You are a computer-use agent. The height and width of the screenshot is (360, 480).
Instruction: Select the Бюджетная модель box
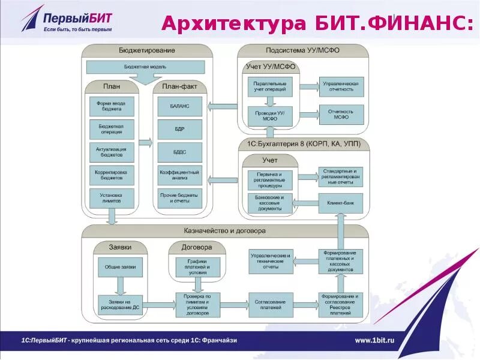coord(146,66)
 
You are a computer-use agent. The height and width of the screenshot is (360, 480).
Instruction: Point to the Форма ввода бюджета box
coord(112,106)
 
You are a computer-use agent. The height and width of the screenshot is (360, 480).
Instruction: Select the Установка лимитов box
coord(112,198)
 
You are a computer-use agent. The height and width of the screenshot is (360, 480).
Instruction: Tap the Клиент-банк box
coord(340,203)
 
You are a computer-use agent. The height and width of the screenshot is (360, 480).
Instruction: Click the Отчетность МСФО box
coord(340,114)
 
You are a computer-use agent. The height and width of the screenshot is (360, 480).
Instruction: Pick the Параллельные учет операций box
coord(269,87)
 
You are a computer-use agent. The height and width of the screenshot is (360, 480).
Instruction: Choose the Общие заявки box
coord(120,267)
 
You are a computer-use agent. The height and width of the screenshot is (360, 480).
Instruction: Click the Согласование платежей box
coord(269,301)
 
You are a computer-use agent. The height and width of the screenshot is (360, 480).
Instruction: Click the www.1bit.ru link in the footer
coord(374,340)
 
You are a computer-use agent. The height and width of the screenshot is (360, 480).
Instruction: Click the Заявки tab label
coord(120,247)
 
